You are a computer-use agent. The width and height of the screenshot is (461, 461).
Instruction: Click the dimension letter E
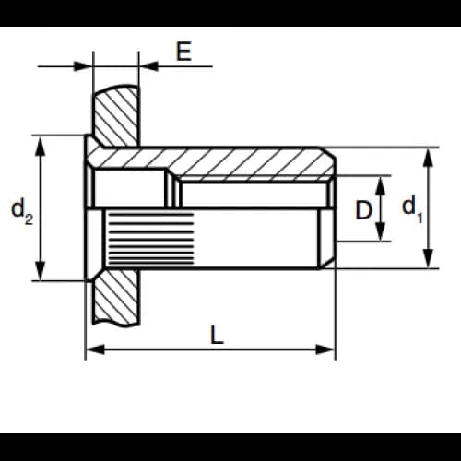(x=183, y=51)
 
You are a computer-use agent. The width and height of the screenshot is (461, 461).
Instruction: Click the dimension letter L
(x=217, y=335)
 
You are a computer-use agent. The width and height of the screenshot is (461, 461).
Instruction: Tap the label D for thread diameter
(x=363, y=210)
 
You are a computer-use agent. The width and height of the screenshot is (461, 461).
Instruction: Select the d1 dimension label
(x=412, y=208)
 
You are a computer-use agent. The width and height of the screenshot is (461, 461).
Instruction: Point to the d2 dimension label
(x=22, y=211)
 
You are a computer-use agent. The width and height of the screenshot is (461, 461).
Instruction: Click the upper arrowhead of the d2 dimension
(x=41, y=146)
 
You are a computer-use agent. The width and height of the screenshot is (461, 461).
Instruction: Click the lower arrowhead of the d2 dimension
(x=41, y=270)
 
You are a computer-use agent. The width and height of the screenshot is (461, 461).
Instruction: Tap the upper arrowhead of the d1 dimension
(x=428, y=158)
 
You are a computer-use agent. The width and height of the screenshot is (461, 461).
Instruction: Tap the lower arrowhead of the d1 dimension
(x=428, y=259)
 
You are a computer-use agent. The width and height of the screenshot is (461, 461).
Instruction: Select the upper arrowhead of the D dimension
(x=381, y=185)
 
